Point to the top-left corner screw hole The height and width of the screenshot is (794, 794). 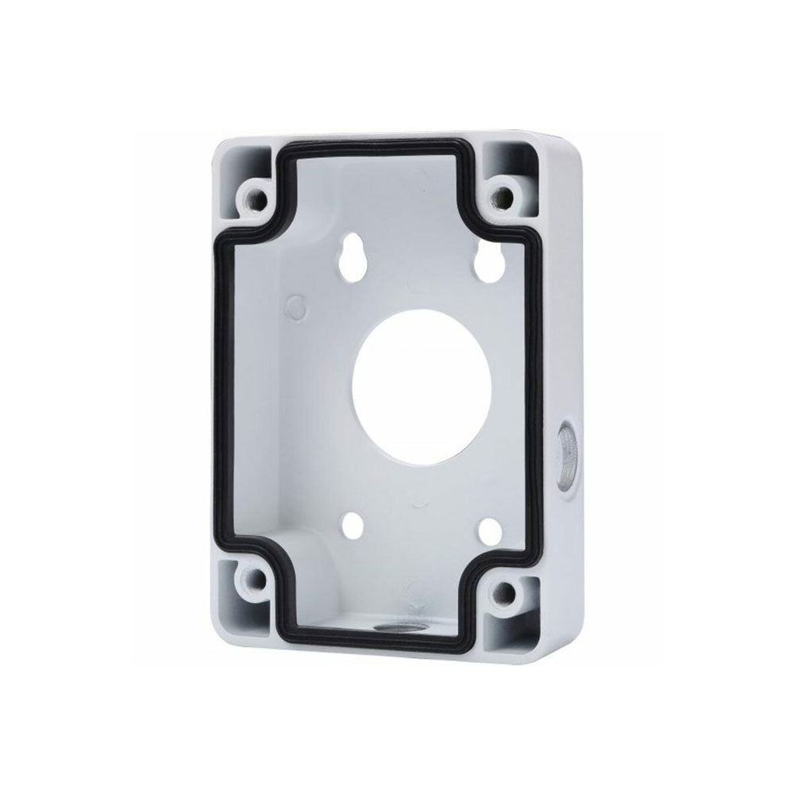[x=257, y=194]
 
